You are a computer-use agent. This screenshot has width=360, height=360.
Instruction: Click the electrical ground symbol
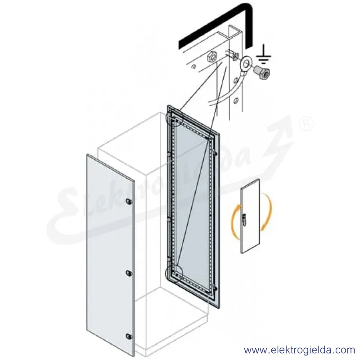(x=264, y=55)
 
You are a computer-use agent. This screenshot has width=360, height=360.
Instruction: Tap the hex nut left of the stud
(x=211, y=57)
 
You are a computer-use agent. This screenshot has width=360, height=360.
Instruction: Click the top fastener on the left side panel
(x=129, y=201)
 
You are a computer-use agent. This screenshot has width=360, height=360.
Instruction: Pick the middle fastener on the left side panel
(x=129, y=273)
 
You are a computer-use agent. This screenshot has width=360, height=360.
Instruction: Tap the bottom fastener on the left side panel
(x=129, y=337)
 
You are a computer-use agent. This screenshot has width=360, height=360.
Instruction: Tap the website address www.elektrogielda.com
(x=300, y=350)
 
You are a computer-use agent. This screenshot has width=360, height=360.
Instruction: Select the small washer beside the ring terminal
(x=234, y=57)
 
